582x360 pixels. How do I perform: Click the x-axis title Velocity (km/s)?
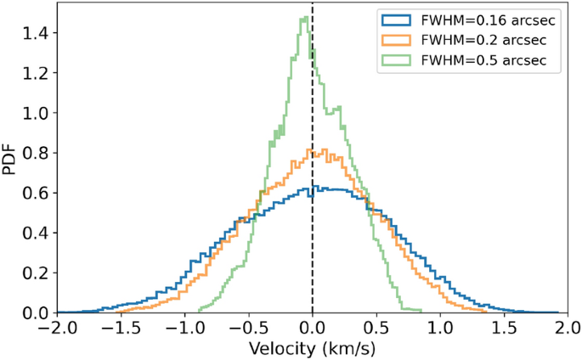312,349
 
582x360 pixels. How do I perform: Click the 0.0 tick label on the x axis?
313,328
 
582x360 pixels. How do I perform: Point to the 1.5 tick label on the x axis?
504,328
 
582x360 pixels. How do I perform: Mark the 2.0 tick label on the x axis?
568,328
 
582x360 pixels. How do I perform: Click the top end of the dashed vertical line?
313,5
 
